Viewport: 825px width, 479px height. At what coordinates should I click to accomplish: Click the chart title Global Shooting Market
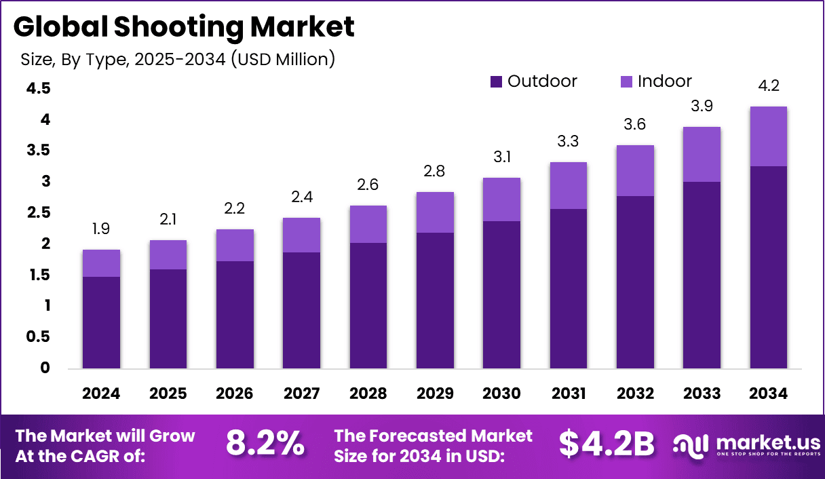pos(183,27)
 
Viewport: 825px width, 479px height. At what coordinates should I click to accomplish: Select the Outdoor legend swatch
pos(496,82)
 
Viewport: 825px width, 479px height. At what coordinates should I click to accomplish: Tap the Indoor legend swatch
pos(626,82)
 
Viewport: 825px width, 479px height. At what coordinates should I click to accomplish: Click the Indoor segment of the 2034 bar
pos(769,136)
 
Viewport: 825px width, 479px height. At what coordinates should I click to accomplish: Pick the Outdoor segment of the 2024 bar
pos(102,322)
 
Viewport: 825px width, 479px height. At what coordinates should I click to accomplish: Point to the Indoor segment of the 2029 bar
pos(436,212)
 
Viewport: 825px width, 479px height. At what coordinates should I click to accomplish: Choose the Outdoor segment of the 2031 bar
pos(569,288)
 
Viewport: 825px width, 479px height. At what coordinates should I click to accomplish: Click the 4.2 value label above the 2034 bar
pos(769,86)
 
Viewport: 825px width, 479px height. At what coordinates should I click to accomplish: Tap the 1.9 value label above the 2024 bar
pos(102,229)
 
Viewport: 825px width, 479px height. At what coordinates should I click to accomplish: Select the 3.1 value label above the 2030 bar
pos(502,157)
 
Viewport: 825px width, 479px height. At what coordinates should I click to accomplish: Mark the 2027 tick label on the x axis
pos(302,394)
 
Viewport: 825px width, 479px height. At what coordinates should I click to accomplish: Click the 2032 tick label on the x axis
pos(636,394)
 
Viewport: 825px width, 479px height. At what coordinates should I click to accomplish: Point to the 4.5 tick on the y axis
pos(39,89)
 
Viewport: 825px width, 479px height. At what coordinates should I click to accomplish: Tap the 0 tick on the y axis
pos(45,368)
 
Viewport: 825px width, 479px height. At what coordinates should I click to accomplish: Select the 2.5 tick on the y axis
pos(39,213)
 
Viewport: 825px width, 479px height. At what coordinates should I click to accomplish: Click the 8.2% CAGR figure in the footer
pos(265,444)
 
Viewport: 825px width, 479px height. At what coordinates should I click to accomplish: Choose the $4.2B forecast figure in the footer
pos(607,444)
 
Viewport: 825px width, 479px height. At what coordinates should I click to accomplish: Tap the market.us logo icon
pos(690,445)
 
